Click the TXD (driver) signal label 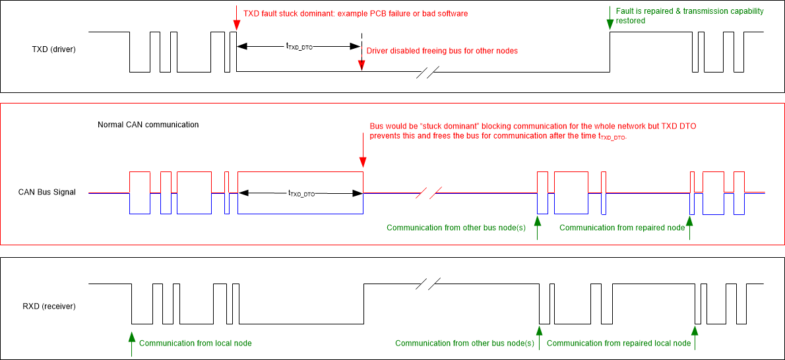[55, 49]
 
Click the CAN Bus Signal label [47, 193]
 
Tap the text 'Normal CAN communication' [148, 125]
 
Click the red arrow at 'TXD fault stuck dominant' [235, 18]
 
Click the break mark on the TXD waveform [428, 72]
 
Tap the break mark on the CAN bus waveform [429, 193]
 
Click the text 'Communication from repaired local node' [619, 344]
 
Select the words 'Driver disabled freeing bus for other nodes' [442, 51]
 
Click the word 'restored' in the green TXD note [630, 21]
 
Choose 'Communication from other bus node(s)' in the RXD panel [464, 344]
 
